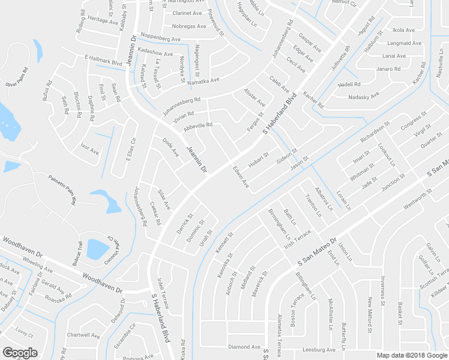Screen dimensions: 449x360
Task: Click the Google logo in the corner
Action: (20, 353)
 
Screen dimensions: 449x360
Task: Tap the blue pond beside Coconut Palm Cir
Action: (97, 248)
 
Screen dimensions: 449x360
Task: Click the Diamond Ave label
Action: (244, 347)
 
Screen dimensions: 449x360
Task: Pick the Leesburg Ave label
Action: (318, 349)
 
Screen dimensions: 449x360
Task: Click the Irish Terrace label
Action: (298, 238)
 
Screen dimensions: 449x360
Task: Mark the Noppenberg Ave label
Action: (160, 38)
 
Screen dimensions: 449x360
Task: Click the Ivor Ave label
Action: (89, 148)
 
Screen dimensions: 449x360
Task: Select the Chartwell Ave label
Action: (83, 335)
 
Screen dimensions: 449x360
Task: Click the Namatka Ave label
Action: (203, 80)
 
